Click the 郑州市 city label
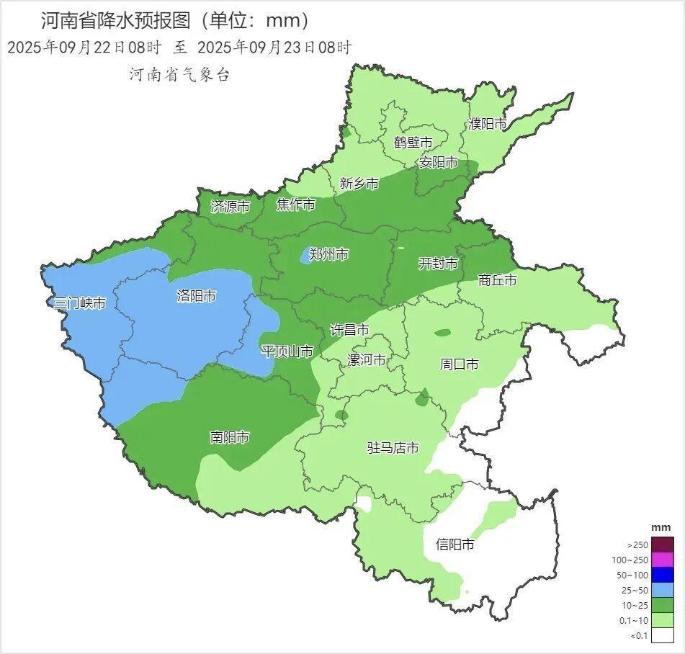pos(329,254)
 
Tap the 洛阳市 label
pos(196,296)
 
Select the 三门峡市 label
pos(80,303)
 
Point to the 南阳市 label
pos(230,437)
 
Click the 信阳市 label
pos(455,545)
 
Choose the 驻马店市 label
pos(393,448)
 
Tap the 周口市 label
pos(459,364)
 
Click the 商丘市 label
pos(498,280)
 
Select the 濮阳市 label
pos(488,124)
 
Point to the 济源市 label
pos(230,207)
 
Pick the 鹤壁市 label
pos(413,142)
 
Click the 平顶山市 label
pos(287,351)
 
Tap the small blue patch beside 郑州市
pos(305,256)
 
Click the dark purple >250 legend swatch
pos(663,545)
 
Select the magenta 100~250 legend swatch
pos(663,560)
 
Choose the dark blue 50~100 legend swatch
pos(663,575)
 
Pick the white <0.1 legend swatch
pos(663,635)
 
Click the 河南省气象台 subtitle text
pos(179,75)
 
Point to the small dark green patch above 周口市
pos(442,333)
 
